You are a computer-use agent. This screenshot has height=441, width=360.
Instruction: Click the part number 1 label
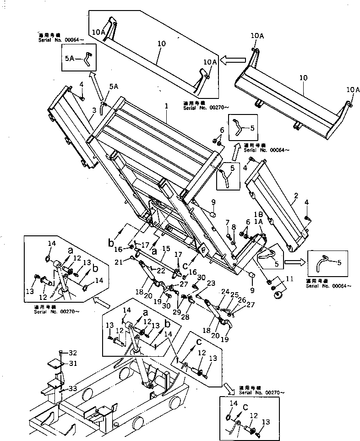click(x=166, y=106)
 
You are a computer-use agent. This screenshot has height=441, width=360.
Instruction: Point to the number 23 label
click(x=212, y=283)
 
